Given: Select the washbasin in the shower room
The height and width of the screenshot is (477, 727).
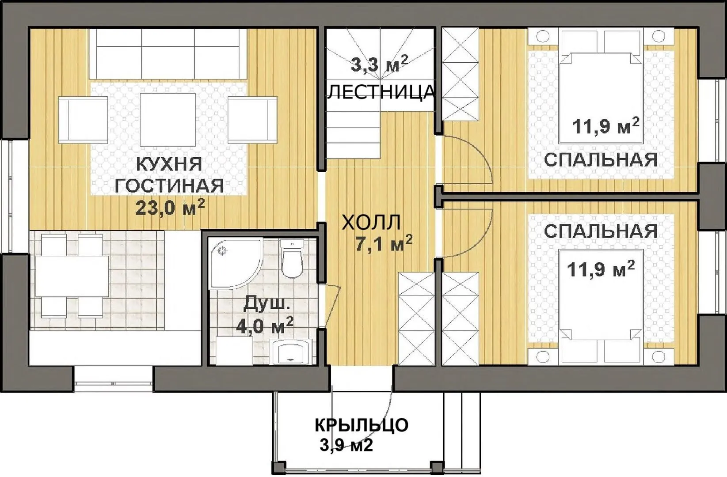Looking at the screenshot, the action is point(292,352).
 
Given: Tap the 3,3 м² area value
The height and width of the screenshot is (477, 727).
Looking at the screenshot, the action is point(379,64).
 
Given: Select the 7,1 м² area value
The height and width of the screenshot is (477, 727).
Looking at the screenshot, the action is point(384,243).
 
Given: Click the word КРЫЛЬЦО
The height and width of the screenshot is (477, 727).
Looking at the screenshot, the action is point(362,425).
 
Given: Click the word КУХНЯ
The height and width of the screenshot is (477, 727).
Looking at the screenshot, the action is point(169,164).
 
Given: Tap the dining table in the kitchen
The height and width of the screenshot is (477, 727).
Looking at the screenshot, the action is point(72,276).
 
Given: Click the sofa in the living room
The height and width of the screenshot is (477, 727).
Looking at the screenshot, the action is point(168,54).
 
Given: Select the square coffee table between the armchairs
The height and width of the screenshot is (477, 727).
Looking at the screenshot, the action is point(168,120).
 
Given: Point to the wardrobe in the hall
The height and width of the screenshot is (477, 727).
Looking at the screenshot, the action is point(416,319).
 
